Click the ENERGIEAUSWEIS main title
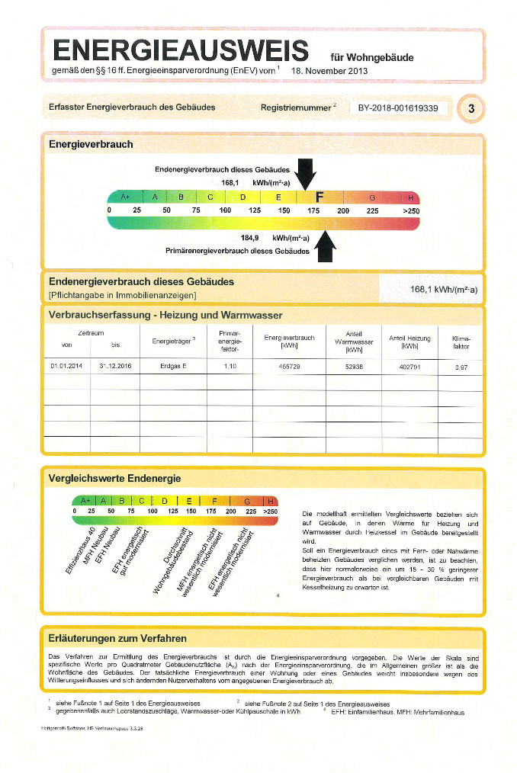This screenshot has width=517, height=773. [x=181, y=50]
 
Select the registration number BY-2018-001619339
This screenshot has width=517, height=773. [x=398, y=108]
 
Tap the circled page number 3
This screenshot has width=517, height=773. [x=471, y=109]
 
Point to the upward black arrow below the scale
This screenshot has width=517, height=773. [x=326, y=245]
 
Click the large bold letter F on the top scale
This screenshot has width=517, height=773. [x=320, y=197]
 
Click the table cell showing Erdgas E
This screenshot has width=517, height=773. [x=173, y=367]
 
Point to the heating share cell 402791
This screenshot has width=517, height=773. [x=409, y=367]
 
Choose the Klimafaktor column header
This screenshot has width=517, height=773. [x=461, y=342]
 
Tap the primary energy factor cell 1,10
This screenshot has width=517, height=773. [x=230, y=367]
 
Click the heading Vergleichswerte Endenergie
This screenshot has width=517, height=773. [x=114, y=478]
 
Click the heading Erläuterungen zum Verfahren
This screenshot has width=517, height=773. [x=117, y=638]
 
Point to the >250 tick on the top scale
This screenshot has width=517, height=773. [x=411, y=210]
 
